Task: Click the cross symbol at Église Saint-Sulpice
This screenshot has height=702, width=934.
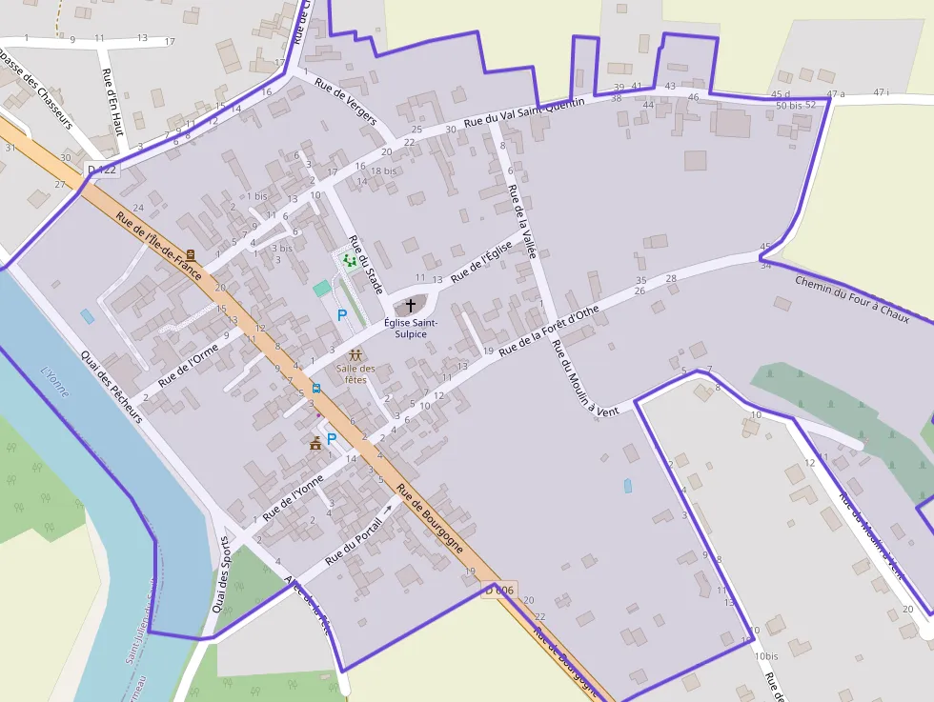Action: (x=411, y=306)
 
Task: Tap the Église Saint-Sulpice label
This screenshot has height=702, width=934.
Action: (x=411, y=329)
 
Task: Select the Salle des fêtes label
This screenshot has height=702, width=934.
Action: (x=355, y=373)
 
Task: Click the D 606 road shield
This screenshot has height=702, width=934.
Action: (x=498, y=591)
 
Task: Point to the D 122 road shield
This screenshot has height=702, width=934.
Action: (x=101, y=170)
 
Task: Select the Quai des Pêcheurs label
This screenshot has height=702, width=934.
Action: (x=112, y=387)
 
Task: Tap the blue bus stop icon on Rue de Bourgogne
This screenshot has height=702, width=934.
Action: (x=315, y=388)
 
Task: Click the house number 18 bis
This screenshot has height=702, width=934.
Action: (x=383, y=170)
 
